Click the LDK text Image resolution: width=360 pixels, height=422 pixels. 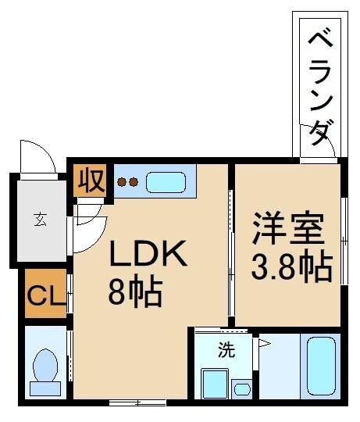point(148,255)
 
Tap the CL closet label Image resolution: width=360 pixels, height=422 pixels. point(44,296)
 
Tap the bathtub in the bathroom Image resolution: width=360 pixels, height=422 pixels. point(319,367)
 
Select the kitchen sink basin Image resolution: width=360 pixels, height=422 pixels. point(166,183)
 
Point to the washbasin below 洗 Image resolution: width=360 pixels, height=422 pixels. point(212,384)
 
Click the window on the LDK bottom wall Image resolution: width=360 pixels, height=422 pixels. point(137,402)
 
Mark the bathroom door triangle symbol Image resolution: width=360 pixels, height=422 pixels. point(263,342)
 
